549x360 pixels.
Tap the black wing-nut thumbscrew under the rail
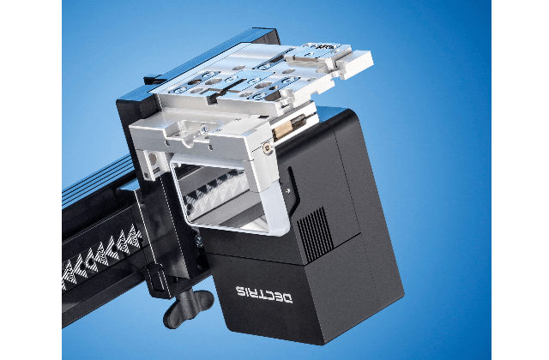[188, 309]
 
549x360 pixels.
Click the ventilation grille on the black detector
[316, 234]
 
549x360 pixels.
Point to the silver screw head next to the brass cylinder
[268, 148]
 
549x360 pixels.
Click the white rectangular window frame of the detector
[232, 196]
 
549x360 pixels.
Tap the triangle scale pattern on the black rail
[101, 256]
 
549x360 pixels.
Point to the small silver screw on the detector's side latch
[288, 191]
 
